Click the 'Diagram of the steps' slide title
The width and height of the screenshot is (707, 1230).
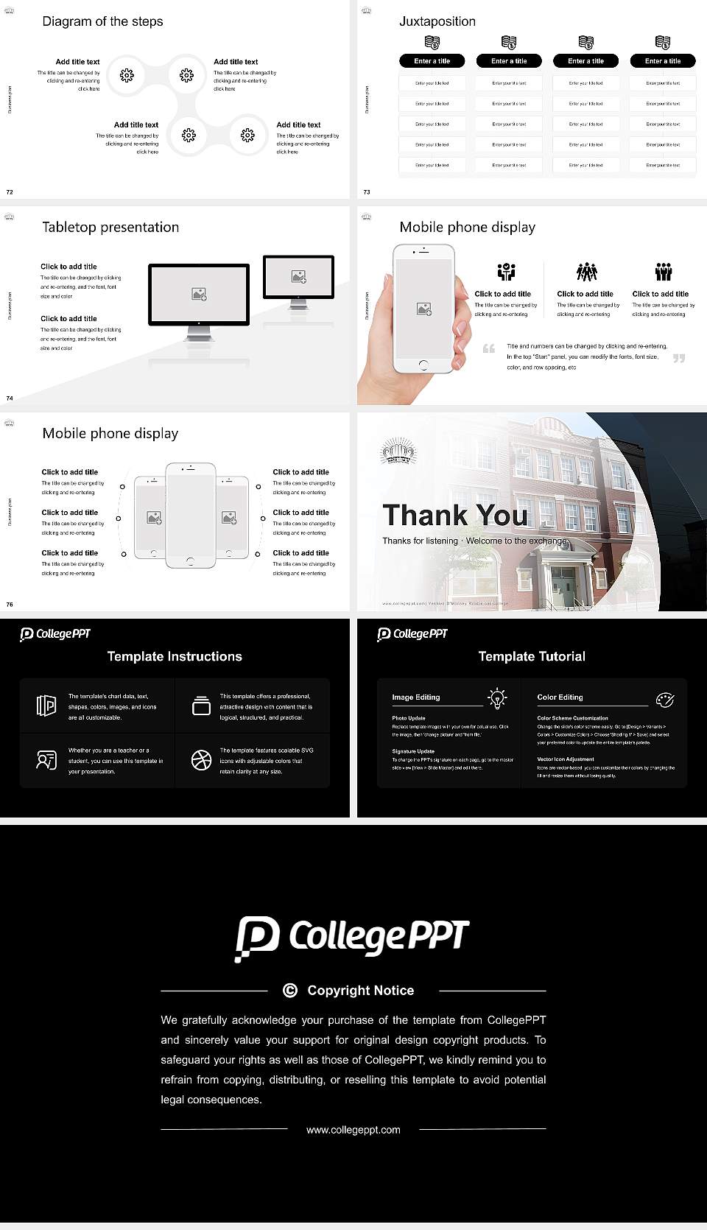point(102,21)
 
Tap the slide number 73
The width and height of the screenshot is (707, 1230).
point(367,192)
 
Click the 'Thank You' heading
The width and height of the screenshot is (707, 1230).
point(455,516)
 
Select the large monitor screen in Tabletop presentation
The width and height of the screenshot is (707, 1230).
point(199,294)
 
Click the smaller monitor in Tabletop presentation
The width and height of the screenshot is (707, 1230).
point(298,276)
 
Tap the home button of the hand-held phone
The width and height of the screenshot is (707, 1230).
point(423,365)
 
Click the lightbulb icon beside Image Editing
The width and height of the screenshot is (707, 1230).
point(497,697)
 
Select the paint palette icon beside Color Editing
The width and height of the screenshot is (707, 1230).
point(664,699)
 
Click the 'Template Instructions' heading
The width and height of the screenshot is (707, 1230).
point(175,656)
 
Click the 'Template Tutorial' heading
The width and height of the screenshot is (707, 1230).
point(532,656)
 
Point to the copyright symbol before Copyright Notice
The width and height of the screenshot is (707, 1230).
point(290,991)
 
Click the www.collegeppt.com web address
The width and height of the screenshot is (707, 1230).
point(353,1130)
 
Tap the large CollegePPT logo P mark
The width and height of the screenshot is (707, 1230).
point(257,938)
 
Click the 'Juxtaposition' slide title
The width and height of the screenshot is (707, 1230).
point(437,21)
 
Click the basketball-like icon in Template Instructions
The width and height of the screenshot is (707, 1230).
point(201,760)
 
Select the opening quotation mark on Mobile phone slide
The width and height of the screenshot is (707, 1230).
point(489,348)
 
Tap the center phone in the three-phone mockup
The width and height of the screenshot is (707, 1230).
point(191,516)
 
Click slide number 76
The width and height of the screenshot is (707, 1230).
point(10,605)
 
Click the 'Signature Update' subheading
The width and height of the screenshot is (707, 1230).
point(413,751)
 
